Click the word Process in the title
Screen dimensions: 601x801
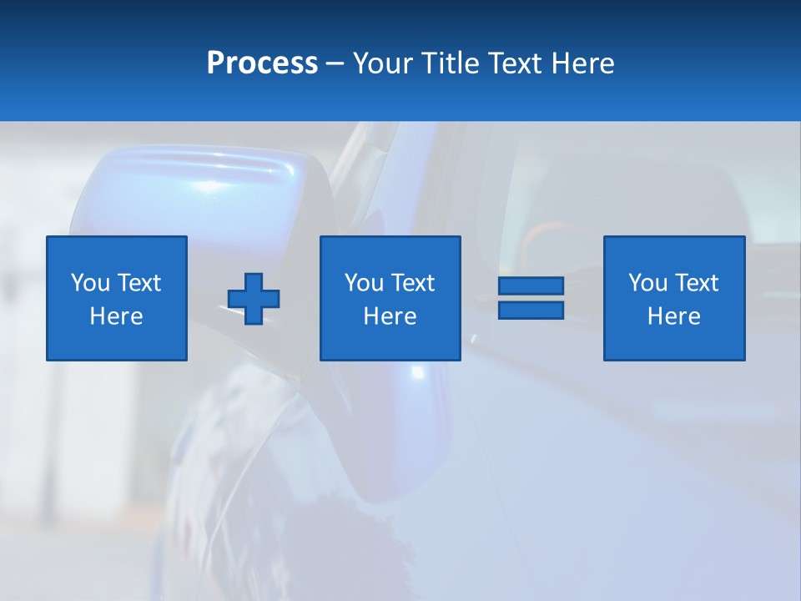[262, 63]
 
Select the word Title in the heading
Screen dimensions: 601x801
[452, 63]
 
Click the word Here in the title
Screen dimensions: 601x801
[583, 63]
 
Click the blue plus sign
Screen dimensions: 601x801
[254, 298]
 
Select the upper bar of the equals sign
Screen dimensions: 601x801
[531, 285]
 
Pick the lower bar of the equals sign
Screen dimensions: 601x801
[531, 310]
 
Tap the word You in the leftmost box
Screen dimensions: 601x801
[91, 283]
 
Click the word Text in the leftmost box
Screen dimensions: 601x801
[139, 283]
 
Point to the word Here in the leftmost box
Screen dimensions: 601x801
[117, 316]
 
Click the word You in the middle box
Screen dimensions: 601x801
[365, 283]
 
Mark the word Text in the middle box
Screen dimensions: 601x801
[412, 283]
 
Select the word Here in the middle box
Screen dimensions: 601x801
[390, 316]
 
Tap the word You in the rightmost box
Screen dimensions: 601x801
[648, 283]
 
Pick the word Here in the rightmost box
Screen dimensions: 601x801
[674, 316]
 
